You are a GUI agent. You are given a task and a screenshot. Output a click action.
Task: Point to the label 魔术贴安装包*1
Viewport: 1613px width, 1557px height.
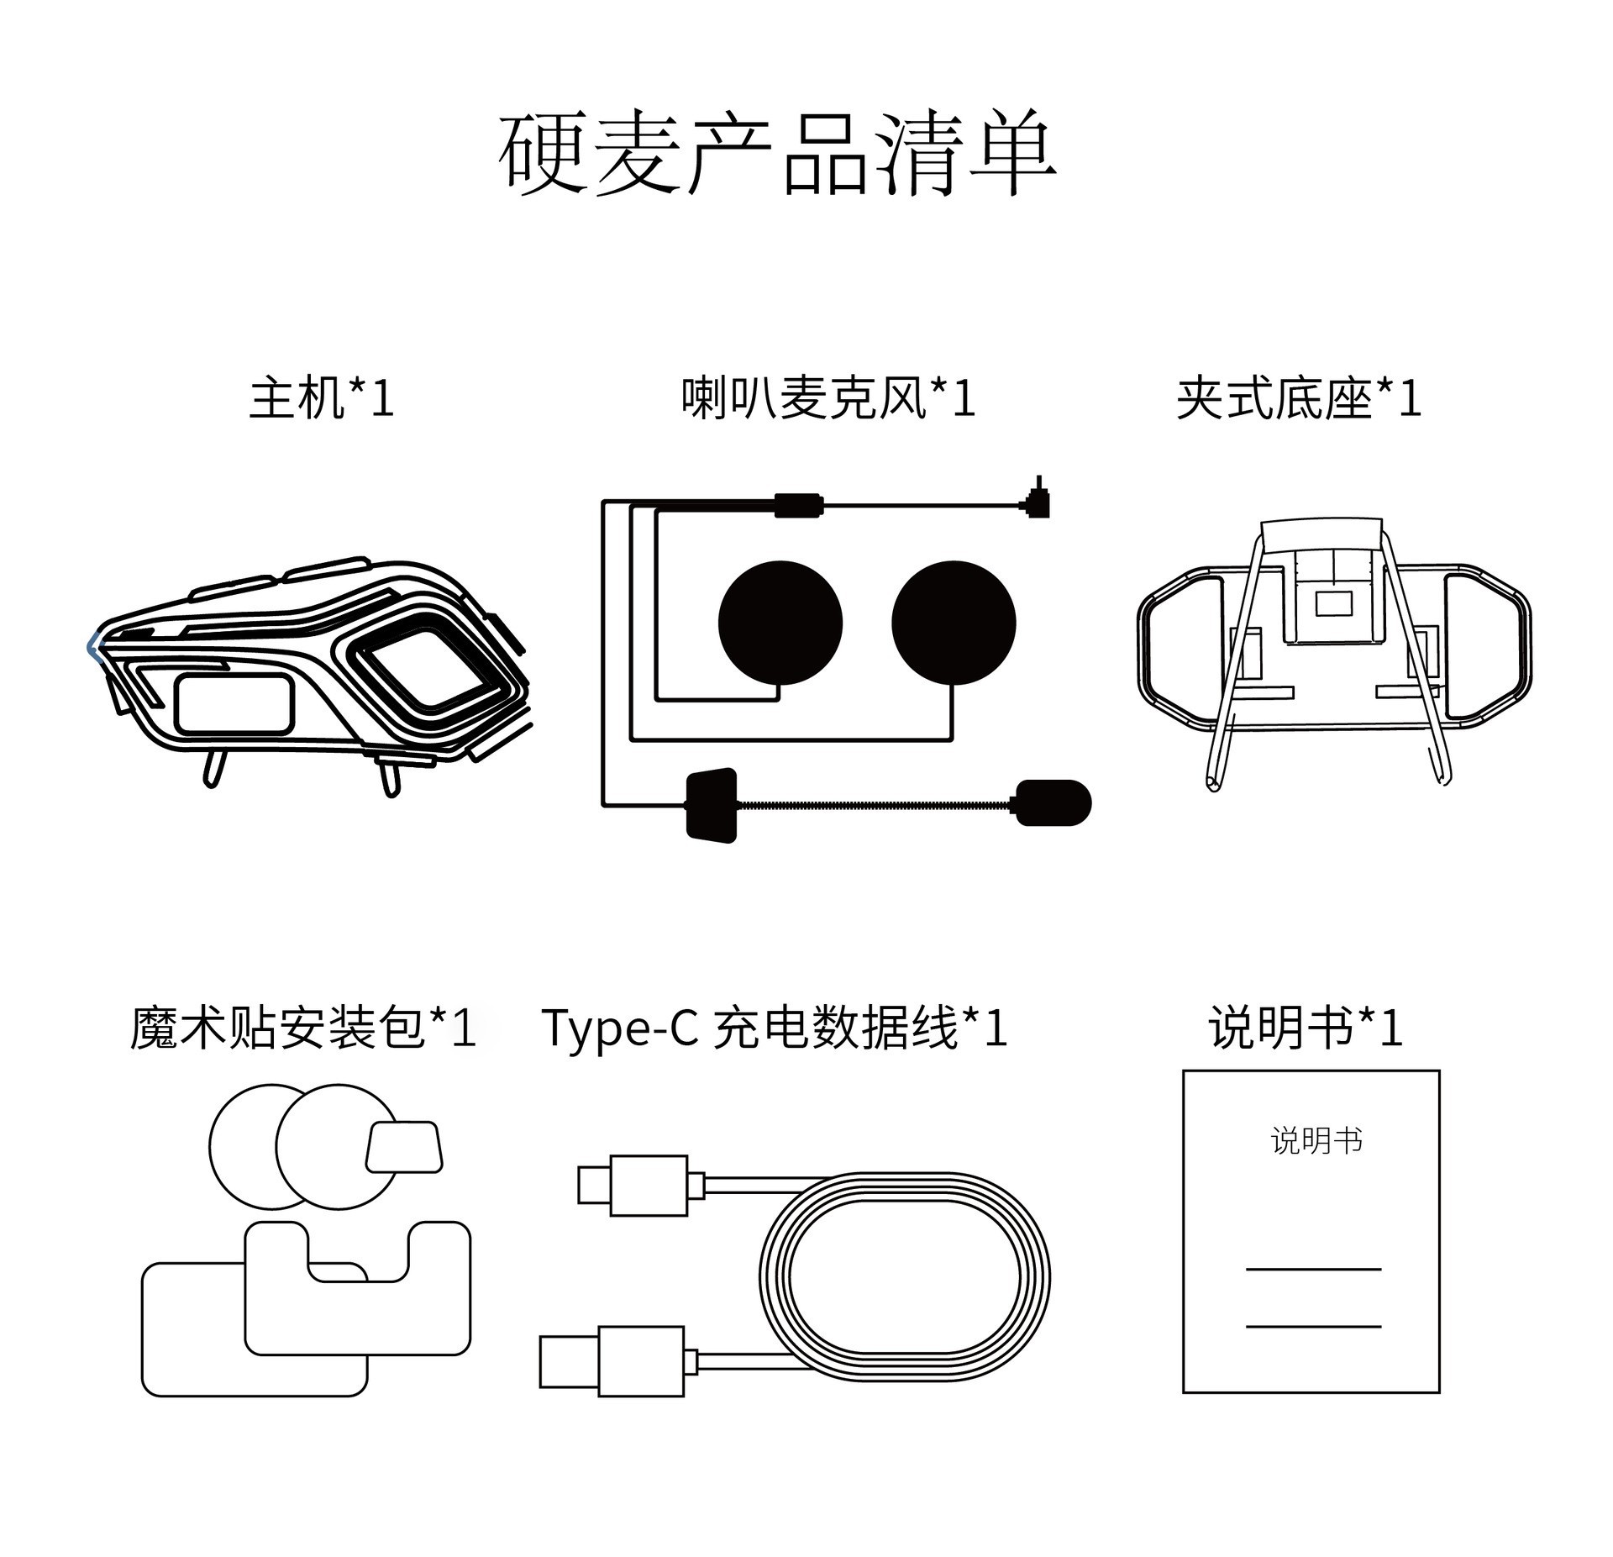pos(303,1027)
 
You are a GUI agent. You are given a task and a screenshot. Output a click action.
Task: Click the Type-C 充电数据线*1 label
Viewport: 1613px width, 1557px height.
pos(774,1027)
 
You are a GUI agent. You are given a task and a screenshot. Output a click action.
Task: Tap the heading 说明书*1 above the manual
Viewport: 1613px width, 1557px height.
pos(1306,1027)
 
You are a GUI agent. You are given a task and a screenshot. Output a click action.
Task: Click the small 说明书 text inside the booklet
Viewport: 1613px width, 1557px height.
pos(1316,1141)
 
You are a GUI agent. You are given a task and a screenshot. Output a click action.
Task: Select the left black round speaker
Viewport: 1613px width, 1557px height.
pos(780,623)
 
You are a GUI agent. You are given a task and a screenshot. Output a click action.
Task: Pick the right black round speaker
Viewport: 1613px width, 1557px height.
pos(954,623)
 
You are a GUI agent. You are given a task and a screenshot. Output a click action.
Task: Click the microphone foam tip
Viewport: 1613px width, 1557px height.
pos(1053,802)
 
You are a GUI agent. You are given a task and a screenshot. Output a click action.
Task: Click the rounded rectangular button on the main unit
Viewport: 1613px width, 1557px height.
pos(234,702)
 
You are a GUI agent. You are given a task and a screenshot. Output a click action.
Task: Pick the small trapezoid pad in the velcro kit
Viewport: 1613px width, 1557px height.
pos(404,1147)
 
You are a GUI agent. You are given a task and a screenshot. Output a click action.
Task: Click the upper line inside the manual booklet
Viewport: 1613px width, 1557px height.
pos(1313,1270)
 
